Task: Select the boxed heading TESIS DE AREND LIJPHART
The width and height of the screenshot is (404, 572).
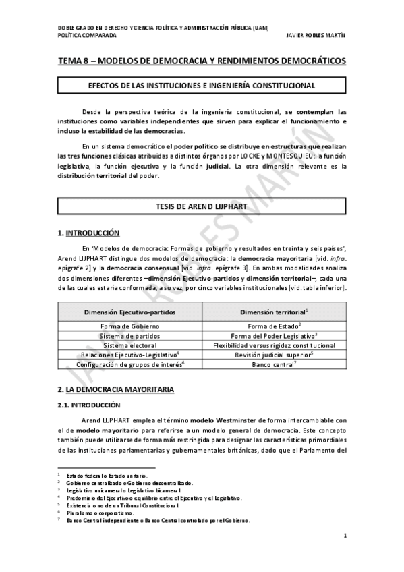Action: (x=202, y=206)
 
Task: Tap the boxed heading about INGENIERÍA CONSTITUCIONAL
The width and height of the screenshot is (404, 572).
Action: (x=202, y=86)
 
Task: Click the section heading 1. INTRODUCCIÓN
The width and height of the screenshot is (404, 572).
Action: (x=88, y=233)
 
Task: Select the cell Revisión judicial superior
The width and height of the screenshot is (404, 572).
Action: (x=273, y=355)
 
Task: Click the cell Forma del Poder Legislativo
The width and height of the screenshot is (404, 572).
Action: (x=273, y=335)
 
